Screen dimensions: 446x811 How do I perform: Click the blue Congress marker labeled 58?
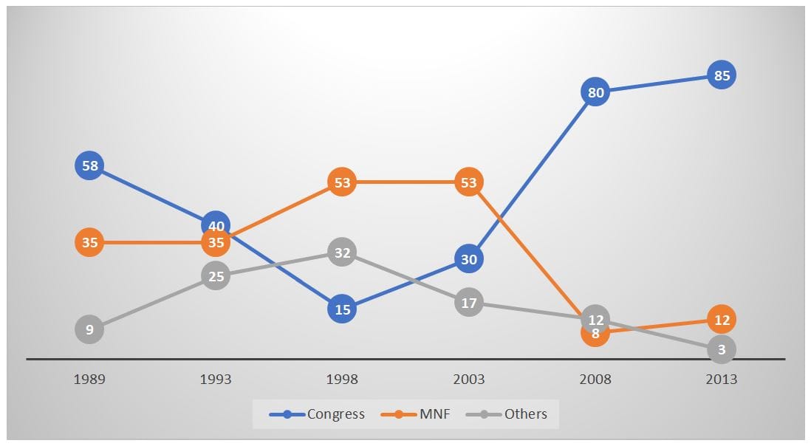(x=89, y=165)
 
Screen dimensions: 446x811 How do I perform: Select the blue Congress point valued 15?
(x=342, y=309)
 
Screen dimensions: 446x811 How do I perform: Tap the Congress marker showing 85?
(x=722, y=75)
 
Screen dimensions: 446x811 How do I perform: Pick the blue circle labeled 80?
(x=595, y=92)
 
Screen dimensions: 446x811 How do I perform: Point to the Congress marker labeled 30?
(x=469, y=259)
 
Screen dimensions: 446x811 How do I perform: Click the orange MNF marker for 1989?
(x=89, y=242)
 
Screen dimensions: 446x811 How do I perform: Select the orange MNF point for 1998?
(x=342, y=182)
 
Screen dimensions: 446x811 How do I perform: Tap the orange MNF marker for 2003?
(x=469, y=182)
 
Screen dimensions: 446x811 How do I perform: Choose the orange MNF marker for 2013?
(x=722, y=320)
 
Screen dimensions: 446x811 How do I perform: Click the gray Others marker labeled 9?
(x=89, y=329)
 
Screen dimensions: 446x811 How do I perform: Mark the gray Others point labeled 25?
(x=216, y=276)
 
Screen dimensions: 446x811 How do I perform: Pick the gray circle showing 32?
(x=342, y=253)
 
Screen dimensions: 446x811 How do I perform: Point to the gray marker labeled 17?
(x=469, y=303)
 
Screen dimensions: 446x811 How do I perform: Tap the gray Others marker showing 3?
(x=722, y=349)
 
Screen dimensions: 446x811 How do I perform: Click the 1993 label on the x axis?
(x=216, y=380)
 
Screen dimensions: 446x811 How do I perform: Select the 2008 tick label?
(x=595, y=380)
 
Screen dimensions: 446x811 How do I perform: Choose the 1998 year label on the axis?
(x=342, y=380)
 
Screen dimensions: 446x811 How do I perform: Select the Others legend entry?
(x=510, y=414)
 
